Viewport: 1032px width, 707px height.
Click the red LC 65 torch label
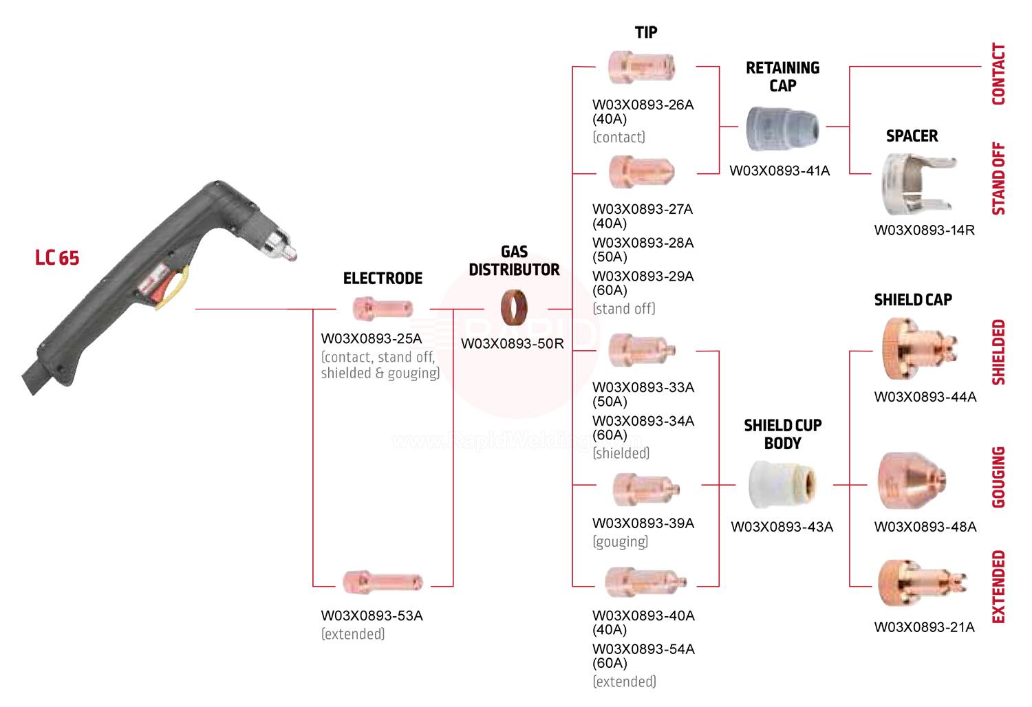point(57,258)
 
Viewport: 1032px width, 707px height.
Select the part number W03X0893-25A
point(372,339)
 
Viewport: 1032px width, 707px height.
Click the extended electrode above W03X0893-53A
point(383,583)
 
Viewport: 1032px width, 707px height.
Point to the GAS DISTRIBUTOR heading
point(514,261)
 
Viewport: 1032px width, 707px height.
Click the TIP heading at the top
point(645,32)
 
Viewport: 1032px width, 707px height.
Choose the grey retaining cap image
point(782,128)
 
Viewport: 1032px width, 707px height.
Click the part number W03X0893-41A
point(780,171)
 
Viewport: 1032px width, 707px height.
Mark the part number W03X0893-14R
point(924,230)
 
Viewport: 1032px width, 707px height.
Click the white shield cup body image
point(782,484)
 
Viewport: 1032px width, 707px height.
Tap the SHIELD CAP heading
point(913,300)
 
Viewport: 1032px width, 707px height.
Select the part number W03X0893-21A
point(924,627)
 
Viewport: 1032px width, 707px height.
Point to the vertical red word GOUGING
point(998,477)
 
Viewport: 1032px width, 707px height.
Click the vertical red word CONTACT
point(998,74)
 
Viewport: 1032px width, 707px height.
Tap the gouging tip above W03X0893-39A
point(646,488)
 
